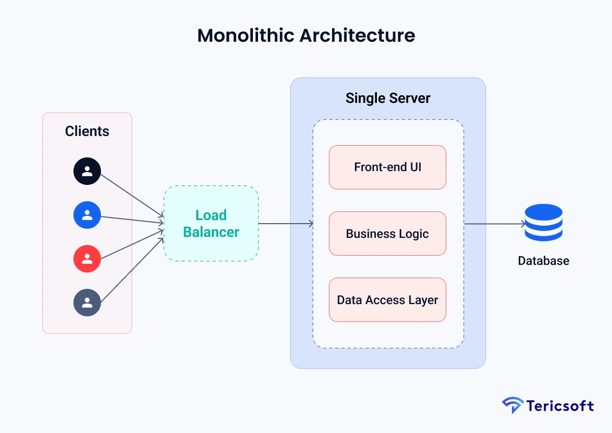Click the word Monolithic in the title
(245, 36)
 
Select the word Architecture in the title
(357, 36)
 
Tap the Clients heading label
(87, 131)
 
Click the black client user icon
(87, 171)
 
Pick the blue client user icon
(87, 215)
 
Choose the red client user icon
(87, 259)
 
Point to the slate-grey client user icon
(87, 303)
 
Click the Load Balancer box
(211, 224)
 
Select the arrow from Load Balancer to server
(286, 224)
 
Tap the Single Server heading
(388, 98)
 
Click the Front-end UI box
(388, 167)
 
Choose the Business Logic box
(388, 234)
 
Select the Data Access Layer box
(388, 300)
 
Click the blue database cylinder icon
(543, 223)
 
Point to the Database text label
(543, 261)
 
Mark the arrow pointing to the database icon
(495, 224)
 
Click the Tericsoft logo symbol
(512, 405)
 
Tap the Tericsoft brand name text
(559, 406)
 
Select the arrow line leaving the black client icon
(130, 197)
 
